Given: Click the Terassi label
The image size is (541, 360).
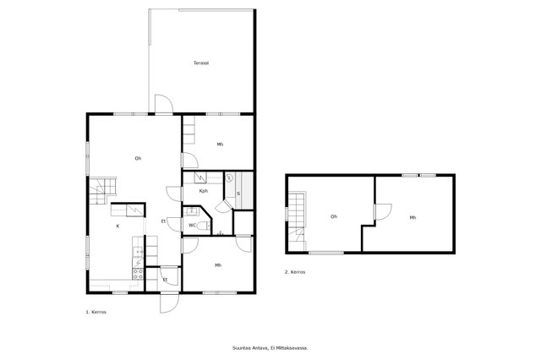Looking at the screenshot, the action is [x=201, y=63].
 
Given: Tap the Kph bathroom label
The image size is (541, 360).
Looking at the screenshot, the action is [x=204, y=191].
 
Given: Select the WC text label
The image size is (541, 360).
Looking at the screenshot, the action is [x=192, y=225].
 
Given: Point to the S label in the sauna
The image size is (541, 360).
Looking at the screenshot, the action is [x=238, y=194].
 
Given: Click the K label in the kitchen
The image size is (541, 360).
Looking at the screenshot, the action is [x=118, y=226].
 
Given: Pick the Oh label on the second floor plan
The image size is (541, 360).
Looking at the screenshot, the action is [x=334, y=216].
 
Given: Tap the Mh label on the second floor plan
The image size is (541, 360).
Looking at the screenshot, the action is [x=413, y=217].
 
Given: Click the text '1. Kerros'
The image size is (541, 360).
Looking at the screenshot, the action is [x=96, y=312].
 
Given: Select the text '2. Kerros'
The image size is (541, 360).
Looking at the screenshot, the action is [x=295, y=272].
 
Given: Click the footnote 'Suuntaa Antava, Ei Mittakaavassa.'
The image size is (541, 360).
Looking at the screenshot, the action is [x=270, y=348].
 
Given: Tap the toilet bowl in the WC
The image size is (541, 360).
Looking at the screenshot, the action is [x=204, y=226].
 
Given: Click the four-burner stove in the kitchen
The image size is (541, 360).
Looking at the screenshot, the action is [x=138, y=274].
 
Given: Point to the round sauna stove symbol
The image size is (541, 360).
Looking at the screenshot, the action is [x=229, y=178].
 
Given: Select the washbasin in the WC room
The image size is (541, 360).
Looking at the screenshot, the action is [x=191, y=210].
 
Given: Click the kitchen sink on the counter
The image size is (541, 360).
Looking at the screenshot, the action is [x=139, y=253].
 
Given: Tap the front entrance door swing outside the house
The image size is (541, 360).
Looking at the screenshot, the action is [x=169, y=303].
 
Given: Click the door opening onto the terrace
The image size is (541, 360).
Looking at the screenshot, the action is [x=163, y=103].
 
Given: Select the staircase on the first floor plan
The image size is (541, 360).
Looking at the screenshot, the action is [x=103, y=190].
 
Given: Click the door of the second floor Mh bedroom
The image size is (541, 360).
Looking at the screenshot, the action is [x=383, y=212].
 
